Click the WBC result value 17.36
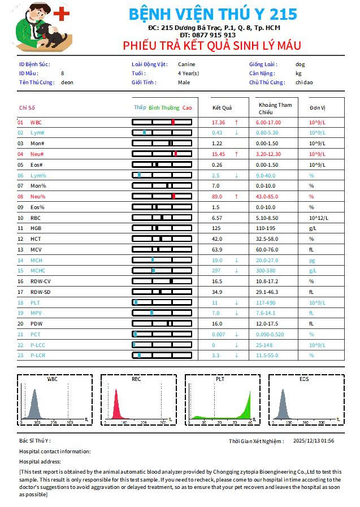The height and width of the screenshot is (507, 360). (x=218, y=122)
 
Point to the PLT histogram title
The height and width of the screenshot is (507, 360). (x=220, y=379)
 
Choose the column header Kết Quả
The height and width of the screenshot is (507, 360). (x=222, y=107)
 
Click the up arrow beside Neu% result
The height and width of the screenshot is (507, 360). (x=236, y=196)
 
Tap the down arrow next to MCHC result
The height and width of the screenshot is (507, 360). (x=236, y=270)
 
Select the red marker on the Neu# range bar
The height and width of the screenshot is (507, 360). (x=176, y=154)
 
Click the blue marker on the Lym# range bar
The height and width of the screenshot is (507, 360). (x=144, y=132)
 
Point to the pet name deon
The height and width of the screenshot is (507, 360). (x=67, y=83)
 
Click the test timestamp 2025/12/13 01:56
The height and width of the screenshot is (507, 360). (x=314, y=441)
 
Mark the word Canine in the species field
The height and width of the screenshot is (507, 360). (x=186, y=64)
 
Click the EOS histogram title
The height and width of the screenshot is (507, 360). (x=304, y=379)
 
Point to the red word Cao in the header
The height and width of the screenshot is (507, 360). (x=187, y=107)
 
